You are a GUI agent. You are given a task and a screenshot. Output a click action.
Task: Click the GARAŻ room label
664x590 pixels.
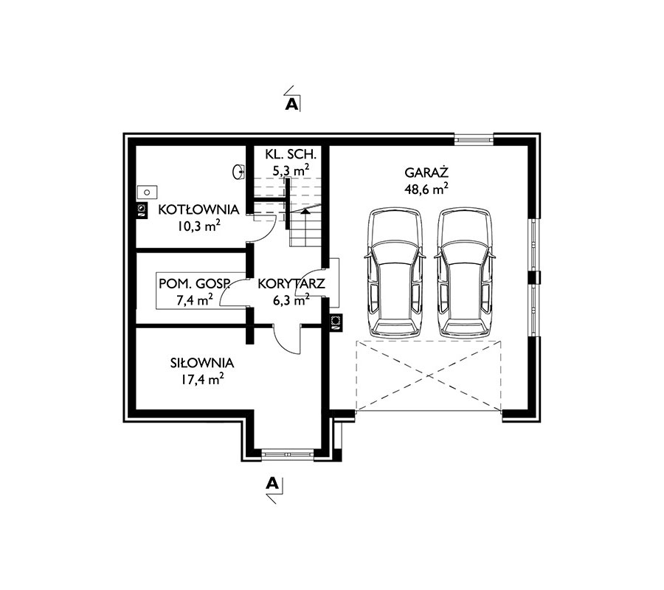click(426, 173)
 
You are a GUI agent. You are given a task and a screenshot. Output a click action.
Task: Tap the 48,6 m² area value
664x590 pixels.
click(426, 189)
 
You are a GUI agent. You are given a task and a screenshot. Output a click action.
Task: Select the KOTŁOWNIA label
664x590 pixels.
click(198, 209)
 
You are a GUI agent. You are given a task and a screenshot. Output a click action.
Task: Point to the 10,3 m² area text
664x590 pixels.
click(198, 226)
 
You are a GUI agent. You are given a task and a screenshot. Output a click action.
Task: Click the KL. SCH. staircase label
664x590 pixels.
click(291, 153)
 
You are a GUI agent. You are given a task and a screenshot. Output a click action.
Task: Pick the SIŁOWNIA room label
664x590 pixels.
click(202, 363)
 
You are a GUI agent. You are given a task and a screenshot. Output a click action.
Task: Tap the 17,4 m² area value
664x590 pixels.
click(202, 379)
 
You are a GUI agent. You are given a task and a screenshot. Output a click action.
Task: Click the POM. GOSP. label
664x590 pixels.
click(194, 283)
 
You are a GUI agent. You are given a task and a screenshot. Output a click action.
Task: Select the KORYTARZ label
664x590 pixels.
click(291, 283)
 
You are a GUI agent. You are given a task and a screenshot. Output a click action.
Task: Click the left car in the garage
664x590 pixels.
click(395, 273)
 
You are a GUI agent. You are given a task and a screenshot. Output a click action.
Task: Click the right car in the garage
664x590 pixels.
click(465, 273)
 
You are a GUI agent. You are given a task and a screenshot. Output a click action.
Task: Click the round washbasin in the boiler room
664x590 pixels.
click(238, 171)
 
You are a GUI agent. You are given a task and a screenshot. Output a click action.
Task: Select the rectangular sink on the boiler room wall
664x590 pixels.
click(147, 192)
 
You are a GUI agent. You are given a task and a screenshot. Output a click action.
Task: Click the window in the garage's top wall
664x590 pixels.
click(474, 138)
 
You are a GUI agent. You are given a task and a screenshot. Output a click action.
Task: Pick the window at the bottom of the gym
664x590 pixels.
click(288, 454)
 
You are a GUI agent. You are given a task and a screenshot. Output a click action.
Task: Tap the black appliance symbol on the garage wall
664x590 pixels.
click(336, 322)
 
